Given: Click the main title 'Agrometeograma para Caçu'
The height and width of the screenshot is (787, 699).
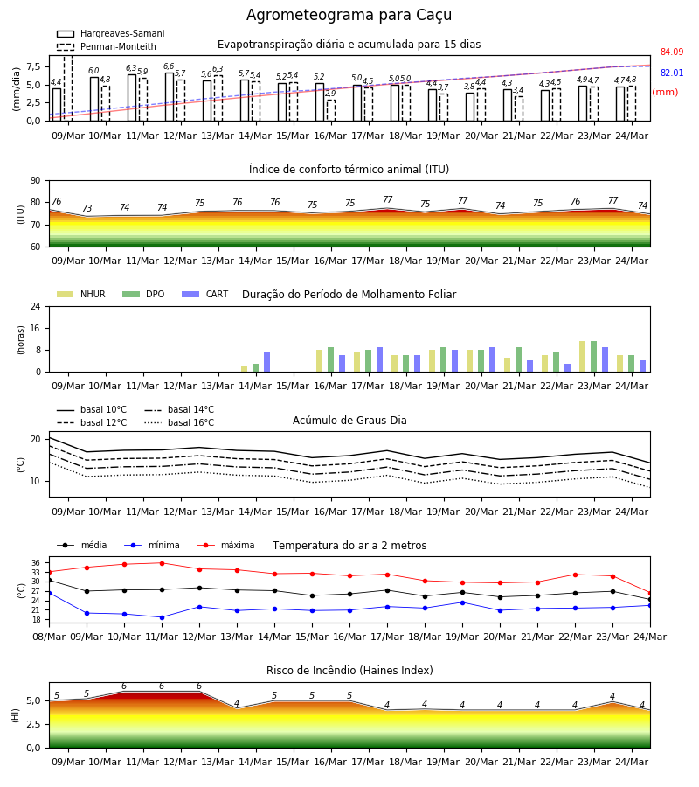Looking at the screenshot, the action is pyautogui.click(x=349, y=15).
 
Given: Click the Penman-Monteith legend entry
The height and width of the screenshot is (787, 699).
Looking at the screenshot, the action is pyautogui.click(x=107, y=46).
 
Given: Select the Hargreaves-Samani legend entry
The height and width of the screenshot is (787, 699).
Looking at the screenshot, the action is pyautogui.click(x=110, y=33).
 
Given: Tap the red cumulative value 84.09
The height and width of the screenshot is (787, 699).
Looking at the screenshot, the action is pyautogui.click(x=672, y=52).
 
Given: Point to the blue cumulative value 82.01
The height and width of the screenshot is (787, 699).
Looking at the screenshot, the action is pyautogui.click(x=672, y=73).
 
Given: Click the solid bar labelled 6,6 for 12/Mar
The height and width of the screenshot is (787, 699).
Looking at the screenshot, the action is pyautogui.click(x=170, y=97).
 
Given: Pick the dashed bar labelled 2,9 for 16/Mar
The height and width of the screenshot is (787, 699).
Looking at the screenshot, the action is pyautogui.click(x=331, y=110).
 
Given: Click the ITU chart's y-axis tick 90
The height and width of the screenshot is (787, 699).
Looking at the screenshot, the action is pyautogui.click(x=36, y=181).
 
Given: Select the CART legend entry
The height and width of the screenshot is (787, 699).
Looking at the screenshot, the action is pyautogui.click(x=205, y=294).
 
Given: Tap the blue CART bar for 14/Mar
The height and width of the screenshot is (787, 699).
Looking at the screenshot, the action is pyautogui.click(x=266, y=362).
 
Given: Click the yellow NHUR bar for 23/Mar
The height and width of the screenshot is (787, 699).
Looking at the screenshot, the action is pyautogui.click(x=582, y=357).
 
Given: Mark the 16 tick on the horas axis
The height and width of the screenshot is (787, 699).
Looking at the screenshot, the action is pyautogui.click(x=36, y=328).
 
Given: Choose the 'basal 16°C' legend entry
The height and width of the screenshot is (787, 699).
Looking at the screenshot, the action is pyautogui.click(x=179, y=422).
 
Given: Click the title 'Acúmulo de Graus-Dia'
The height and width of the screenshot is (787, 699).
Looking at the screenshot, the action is pyautogui.click(x=349, y=421).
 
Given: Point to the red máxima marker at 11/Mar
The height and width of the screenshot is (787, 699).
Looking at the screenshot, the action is pyautogui.click(x=162, y=563).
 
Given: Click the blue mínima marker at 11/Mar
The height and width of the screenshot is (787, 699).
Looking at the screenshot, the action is pyautogui.click(x=162, y=617).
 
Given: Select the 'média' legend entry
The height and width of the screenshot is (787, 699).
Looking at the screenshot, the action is pyautogui.click(x=82, y=545).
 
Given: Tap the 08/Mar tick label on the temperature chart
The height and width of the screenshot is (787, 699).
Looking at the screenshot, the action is pyautogui.click(x=49, y=637).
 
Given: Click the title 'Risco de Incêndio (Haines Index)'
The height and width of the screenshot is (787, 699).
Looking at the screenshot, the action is pyautogui.click(x=349, y=671).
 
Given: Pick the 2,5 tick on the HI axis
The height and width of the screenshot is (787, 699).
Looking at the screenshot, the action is pyautogui.click(x=34, y=724).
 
